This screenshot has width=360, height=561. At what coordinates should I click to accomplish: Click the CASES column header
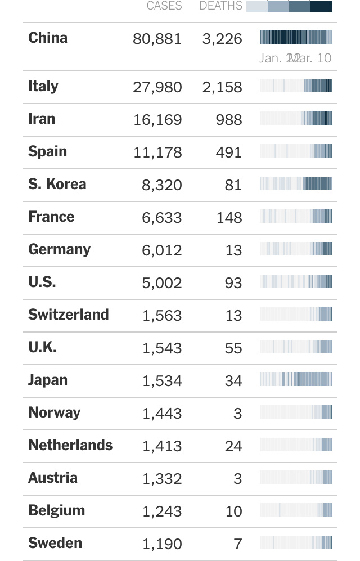[x=164, y=6]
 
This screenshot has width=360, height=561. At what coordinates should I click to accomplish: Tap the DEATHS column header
[x=220, y=6]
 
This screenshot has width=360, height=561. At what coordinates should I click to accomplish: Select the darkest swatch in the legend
[x=321, y=6]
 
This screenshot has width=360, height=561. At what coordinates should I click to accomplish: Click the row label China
[x=48, y=38]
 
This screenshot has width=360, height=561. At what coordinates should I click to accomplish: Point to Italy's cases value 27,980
[x=157, y=87]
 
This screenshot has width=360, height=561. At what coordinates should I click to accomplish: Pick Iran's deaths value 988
[x=229, y=120]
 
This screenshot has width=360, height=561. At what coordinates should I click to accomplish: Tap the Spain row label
[x=48, y=151]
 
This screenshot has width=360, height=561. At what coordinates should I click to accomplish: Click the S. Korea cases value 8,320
[x=162, y=185]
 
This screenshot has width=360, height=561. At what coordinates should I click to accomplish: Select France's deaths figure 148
[x=229, y=218]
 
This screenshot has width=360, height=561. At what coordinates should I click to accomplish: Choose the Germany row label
[x=59, y=249]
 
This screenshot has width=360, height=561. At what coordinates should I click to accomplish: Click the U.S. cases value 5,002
[x=162, y=283]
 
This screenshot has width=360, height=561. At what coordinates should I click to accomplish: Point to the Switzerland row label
[x=68, y=315]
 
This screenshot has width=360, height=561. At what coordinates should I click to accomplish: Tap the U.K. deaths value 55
[x=233, y=348]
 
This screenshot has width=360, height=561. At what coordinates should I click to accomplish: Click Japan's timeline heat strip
[x=296, y=379]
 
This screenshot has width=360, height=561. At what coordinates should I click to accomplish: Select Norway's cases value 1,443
[x=162, y=414]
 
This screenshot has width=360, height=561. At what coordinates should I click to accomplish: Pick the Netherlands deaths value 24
[x=233, y=446]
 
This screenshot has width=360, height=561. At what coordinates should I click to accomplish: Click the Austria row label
[x=53, y=478]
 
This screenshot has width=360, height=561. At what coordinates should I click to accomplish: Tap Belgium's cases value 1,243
[x=162, y=511]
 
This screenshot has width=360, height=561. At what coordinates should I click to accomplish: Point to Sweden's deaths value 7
[x=238, y=544]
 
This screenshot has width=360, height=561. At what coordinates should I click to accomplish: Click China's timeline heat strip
[x=296, y=37]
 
